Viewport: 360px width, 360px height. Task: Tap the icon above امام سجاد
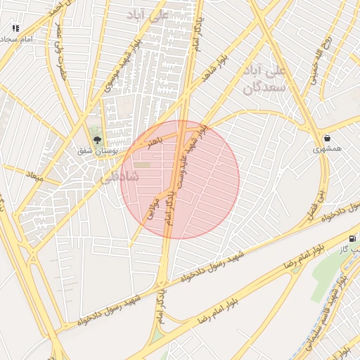(x=15, y=28)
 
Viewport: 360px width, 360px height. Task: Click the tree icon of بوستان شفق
(x=97, y=138)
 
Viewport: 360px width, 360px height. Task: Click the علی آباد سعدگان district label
(x=266, y=79)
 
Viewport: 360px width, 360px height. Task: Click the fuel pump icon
(x=352, y=238)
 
